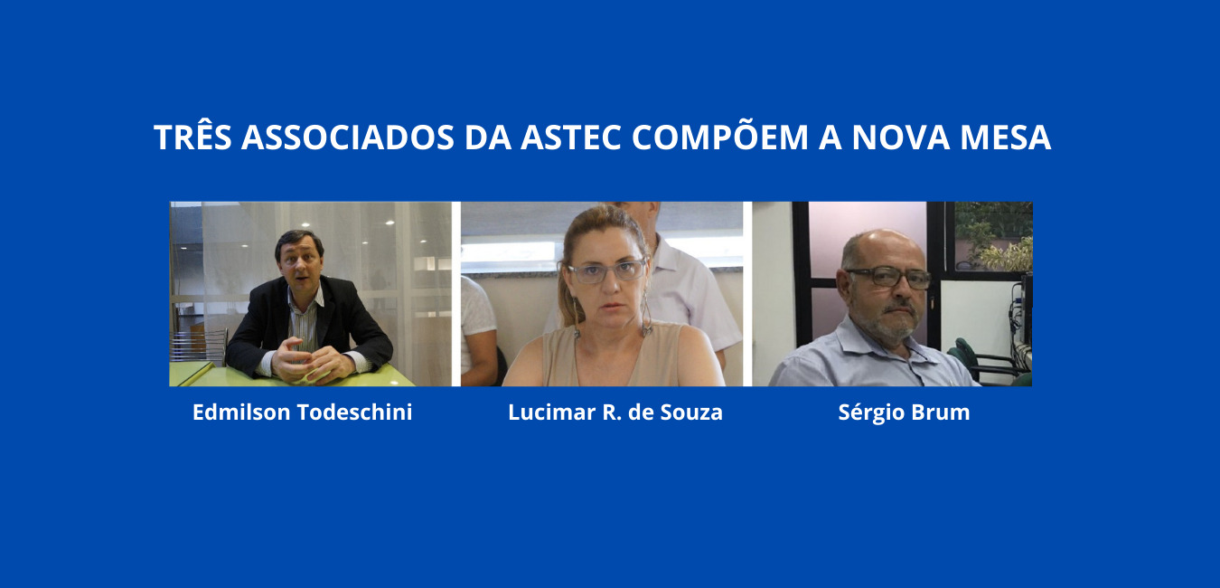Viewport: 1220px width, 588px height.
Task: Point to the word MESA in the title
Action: (1006, 137)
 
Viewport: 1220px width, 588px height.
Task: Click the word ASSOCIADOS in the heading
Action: (348, 137)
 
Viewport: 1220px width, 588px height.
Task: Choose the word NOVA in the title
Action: (901, 137)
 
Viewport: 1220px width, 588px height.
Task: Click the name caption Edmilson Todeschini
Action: (302, 412)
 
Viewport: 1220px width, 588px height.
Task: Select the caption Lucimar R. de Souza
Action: (615, 412)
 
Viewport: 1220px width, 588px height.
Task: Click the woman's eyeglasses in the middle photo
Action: (607, 270)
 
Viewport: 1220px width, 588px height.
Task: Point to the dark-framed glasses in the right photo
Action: (889, 278)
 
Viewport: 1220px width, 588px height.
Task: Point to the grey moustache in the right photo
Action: (897, 309)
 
